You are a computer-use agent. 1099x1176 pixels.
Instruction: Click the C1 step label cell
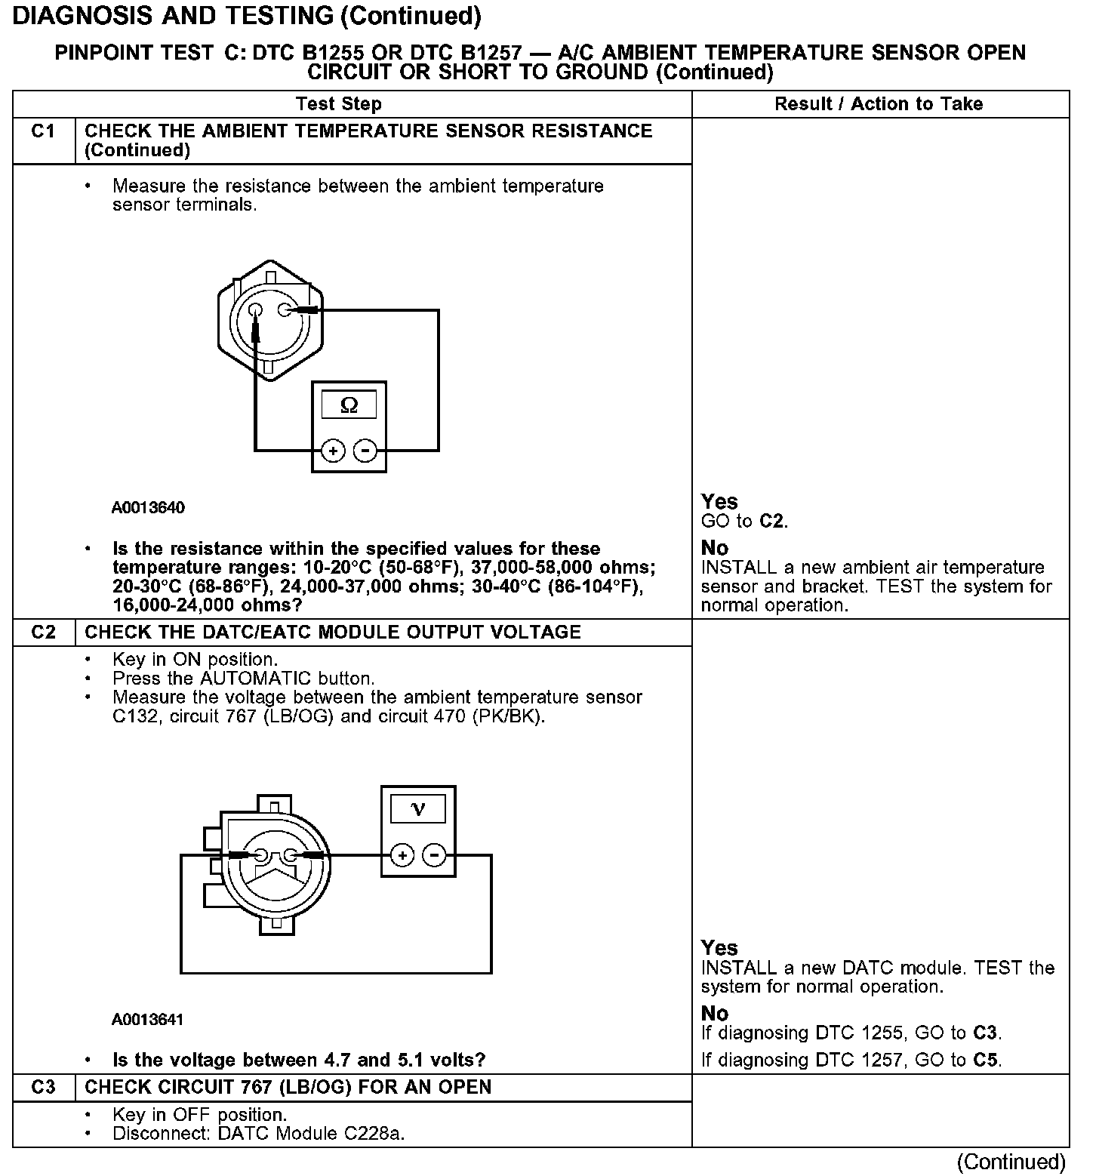[x=44, y=131]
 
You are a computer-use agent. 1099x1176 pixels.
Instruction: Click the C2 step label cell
[x=44, y=633]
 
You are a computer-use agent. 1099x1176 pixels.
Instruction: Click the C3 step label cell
[x=44, y=1088]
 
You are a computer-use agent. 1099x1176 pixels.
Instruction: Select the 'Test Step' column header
[x=339, y=104]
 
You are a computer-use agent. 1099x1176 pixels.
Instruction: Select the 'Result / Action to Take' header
[x=879, y=104]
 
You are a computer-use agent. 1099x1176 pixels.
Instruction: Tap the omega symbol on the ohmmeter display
[x=349, y=405]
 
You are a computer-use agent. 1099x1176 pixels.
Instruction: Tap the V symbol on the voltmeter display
[x=417, y=810]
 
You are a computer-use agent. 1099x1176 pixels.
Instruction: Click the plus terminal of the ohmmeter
[x=333, y=451]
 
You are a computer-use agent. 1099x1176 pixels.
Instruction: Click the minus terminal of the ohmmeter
[x=365, y=451]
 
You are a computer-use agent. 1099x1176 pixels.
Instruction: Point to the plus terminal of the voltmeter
[x=402, y=855]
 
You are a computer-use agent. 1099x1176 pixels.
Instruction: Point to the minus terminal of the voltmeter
[x=434, y=855]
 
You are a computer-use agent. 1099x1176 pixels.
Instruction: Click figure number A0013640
[x=148, y=507]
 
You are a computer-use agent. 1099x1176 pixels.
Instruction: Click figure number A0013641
[x=148, y=1020]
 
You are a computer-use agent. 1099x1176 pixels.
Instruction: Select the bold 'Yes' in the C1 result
[x=719, y=502]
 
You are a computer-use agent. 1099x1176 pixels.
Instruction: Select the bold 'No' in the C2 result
[x=715, y=1013]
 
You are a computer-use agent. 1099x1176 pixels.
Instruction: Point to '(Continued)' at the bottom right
[x=1011, y=1162]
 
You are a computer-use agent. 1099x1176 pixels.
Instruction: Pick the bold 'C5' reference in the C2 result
[x=986, y=1061]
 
